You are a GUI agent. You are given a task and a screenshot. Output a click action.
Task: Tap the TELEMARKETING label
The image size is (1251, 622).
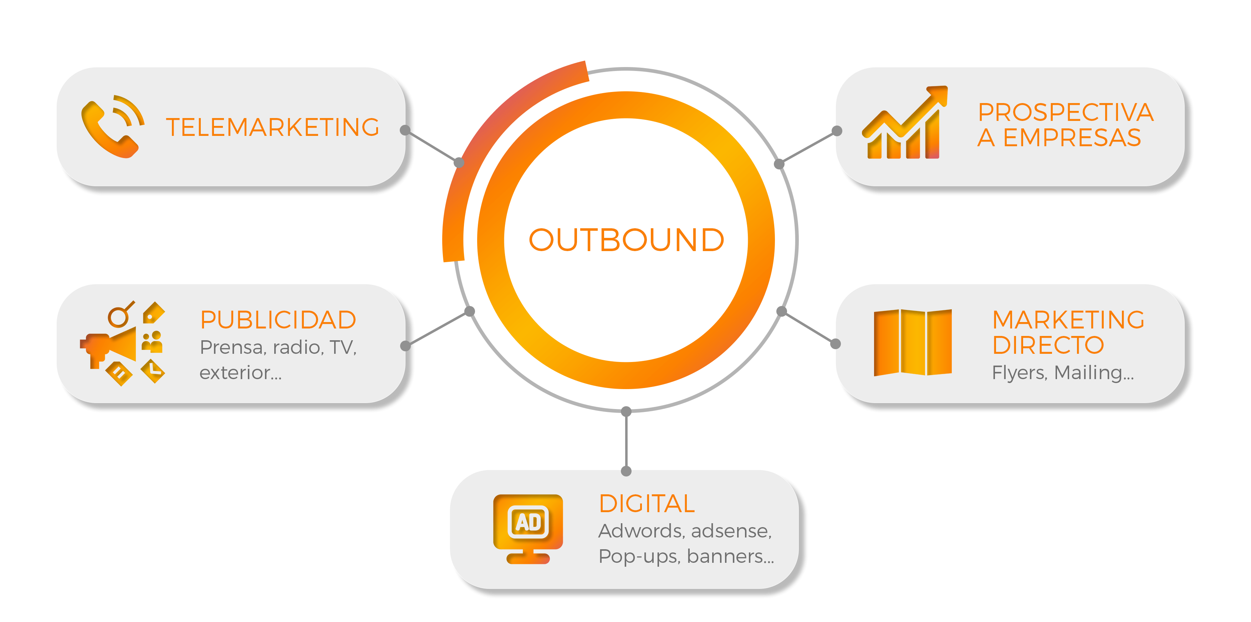click(x=272, y=127)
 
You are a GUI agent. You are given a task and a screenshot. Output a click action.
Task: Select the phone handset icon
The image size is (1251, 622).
click(x=108, y=129)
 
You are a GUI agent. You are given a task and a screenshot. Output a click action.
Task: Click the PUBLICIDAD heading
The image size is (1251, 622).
click(x=278, y=320)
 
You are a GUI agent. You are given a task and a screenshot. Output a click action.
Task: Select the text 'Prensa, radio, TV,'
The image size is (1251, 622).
click(x=278, y=347)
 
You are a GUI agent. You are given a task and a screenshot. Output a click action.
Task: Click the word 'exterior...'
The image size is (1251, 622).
click(x=240, y=372)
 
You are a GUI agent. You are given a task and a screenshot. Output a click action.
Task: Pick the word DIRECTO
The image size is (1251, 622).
click(x=1048, y=345)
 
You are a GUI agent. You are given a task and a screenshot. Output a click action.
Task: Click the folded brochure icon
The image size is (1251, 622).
click(x=913, y=342)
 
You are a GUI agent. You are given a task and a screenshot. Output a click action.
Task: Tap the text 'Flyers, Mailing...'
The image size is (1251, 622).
click(x=1063, y=372)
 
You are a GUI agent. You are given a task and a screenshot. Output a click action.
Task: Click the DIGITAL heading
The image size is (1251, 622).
click(x=647, y=504)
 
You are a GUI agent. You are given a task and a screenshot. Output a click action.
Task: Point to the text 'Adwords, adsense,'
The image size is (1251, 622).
click(x=685, y=531)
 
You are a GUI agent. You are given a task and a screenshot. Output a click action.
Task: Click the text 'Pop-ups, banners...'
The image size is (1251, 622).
click(x=686, y=556)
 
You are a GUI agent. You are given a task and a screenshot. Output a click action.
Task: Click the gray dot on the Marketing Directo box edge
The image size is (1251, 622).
click(x=835, y=344)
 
